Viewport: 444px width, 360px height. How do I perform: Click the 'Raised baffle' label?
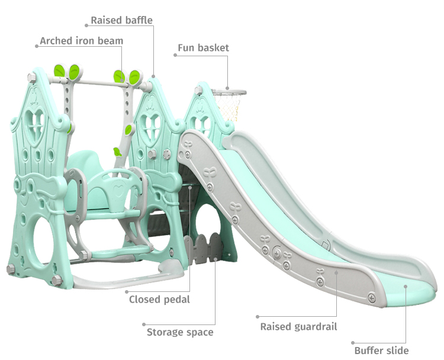[x=121, y=20]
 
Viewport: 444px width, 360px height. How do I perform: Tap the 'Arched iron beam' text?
[x=82, y=41]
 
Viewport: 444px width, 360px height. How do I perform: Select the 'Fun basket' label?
[x=203, y=47]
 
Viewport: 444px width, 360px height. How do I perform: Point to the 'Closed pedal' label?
[x=159, y=300]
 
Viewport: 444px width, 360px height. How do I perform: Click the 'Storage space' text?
[x=180, y=332]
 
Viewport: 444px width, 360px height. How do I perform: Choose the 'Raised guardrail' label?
[x=299, y=327]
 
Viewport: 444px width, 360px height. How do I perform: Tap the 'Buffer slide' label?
[x=381, y=351]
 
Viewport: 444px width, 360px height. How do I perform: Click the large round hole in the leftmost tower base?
[x=45, y=242]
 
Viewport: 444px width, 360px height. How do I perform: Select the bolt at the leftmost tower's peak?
[x=31, y=78]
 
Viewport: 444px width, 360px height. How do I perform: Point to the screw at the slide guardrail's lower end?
[x=372, y=298]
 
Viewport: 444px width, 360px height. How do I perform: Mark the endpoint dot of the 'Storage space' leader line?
[x=144, y=324]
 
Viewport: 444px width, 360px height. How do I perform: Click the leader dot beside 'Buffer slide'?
[x=353, y=343]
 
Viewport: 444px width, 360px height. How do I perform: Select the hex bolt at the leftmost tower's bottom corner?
[x=11, y=269]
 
